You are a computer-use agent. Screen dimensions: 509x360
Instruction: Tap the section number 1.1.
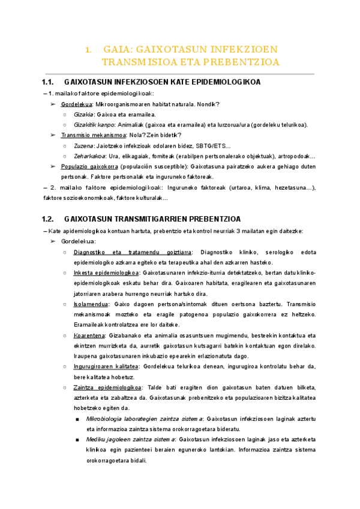tap(49, 82)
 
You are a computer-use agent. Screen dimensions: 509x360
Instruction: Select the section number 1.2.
tap(49, 219)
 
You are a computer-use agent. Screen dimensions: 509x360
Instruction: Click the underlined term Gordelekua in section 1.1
tap(77, 104)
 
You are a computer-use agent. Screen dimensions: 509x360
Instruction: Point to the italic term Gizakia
tap(83, 114)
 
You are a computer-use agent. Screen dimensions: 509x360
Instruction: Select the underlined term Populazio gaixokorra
tap(89, 166)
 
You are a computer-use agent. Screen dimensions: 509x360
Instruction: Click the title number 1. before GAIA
tap(88, 49)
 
